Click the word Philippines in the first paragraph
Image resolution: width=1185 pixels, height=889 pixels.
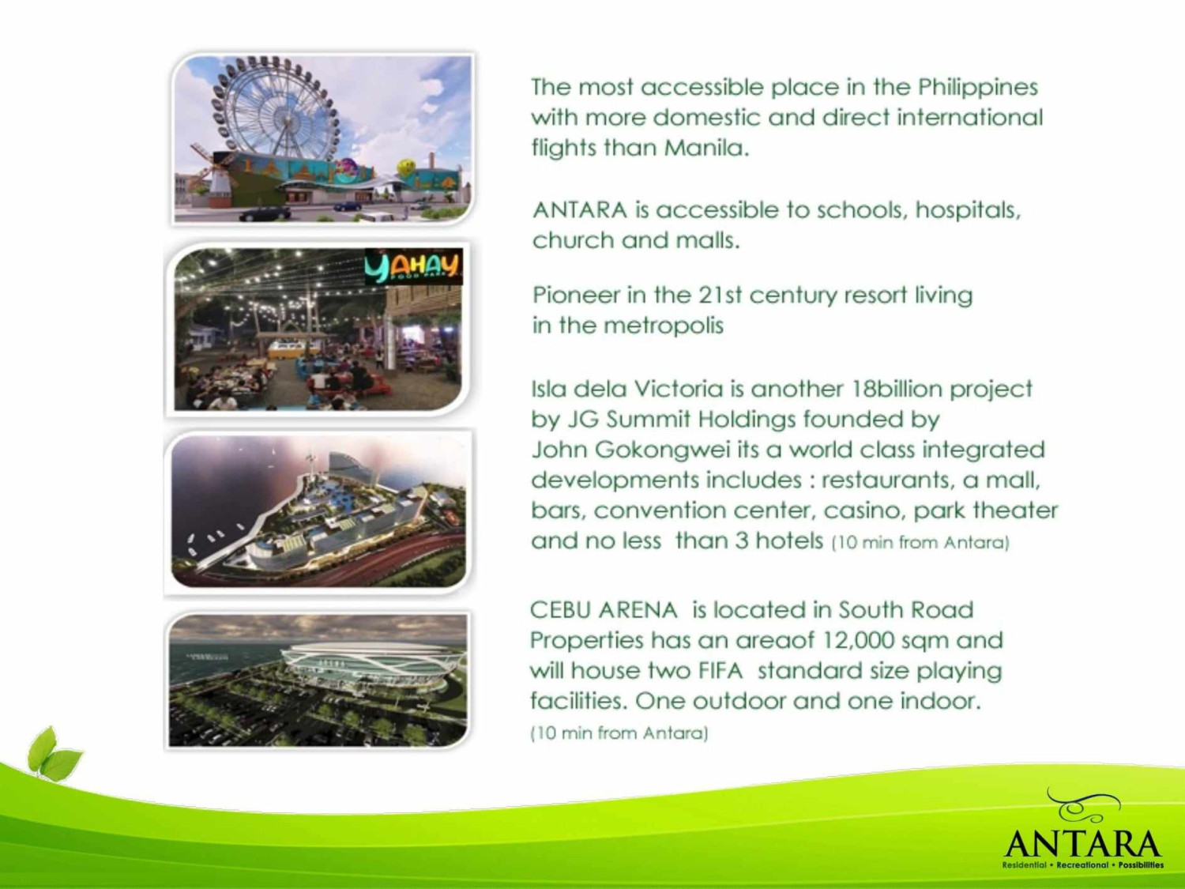pyautogui.click(x=978, y=88)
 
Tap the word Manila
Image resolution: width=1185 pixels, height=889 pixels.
pyautogui.click(x=707, y=147)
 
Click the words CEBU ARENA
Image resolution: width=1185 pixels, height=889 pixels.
pyautogui.click(x=604, y=610)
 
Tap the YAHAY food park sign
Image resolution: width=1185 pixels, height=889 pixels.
pyautogui.click(x=413, y=267)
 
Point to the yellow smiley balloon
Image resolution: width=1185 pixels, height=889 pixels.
pyautogui.click(x=406, y=167)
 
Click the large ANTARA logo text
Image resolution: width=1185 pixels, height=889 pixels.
pyautogui.click(x=1082, y=844)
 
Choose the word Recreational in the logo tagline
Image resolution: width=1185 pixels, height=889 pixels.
pyautogui.click(x=1082, y=865)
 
